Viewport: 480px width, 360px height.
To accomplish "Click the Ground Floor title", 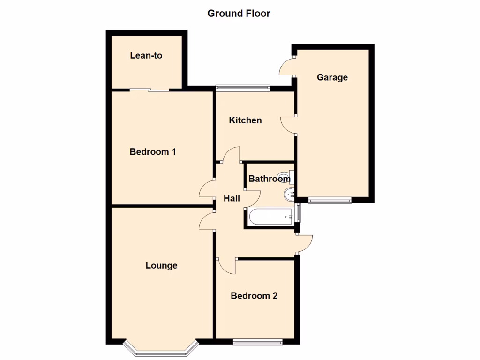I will (x=239, y=14).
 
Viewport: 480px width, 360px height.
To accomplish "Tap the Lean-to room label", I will (x=146, y=55).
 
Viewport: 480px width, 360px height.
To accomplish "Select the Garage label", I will (x=332, y=77).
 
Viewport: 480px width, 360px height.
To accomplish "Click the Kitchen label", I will (x=245, y=120).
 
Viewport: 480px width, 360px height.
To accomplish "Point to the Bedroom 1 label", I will (x=153, y=152).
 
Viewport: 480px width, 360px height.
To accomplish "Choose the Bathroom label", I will (x=269, y=179).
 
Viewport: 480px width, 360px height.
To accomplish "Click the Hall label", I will (x=232, y=198).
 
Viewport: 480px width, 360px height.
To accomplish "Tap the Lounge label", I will (x=161, y=266).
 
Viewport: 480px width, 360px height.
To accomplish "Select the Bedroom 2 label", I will (x=254, y=296).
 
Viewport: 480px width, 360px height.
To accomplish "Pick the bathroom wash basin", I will (x=289, y=193).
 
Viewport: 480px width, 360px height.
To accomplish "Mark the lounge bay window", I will (x=161, y=349).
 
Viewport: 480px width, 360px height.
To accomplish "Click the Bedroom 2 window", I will (x=258, y=342).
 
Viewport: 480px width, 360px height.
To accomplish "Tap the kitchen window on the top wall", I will (x=242, y=87).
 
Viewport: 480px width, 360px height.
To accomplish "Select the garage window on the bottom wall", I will (x=330, y=201).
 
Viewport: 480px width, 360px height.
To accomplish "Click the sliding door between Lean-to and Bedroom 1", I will (x=150, y=90).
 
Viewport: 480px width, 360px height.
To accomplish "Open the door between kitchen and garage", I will (x=288, y=125).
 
